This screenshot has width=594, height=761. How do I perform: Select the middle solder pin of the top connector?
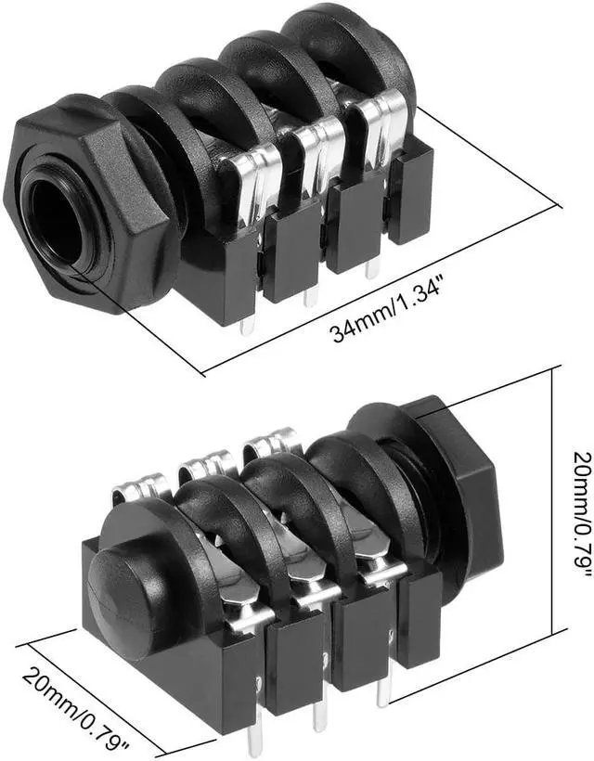click(310, 294)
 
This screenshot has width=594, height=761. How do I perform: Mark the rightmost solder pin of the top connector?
click(372, 268)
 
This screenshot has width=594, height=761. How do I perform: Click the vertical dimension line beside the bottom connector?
click(555, 501)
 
